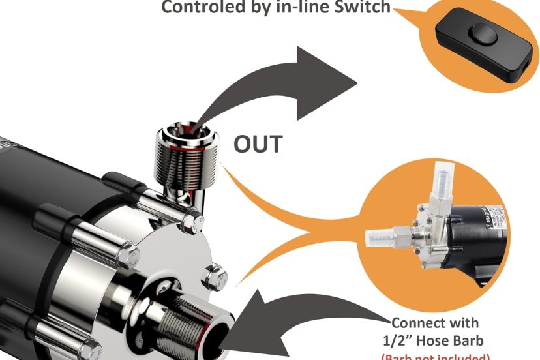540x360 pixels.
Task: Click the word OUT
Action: (258, 144)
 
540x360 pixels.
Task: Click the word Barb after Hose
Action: (479, 340)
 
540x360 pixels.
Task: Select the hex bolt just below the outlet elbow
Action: (191, 221)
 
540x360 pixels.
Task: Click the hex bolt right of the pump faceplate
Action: (215, 278)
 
